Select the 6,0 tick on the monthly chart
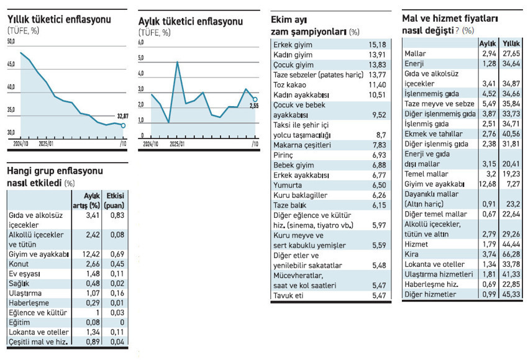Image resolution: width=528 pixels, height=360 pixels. pos(140,43)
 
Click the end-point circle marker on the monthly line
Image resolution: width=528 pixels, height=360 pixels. pos(255,99)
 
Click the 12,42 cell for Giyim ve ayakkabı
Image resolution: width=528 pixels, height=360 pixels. pos(91,254)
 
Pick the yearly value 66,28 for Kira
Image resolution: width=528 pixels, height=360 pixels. pos(511,253)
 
